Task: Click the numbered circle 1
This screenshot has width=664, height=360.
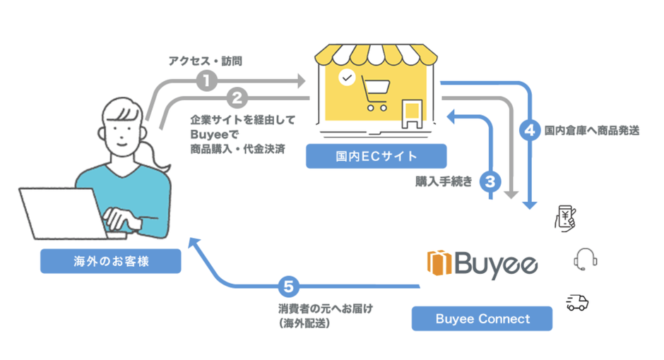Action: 206,81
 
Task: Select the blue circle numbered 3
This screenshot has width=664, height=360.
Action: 490,181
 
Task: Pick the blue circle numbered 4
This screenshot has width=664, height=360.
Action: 528,130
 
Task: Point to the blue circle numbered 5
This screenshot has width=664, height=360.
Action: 286,287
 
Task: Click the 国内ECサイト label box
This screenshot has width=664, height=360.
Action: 377,156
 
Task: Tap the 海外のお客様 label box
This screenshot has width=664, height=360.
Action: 110,261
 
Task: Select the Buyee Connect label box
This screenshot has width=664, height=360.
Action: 482,319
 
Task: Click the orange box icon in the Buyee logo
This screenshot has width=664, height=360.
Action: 439,263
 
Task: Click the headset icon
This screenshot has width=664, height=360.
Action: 585,259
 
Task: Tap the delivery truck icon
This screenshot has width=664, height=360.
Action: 577,303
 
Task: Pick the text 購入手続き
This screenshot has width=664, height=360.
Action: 444,181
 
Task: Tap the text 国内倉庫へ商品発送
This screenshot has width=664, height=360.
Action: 592,130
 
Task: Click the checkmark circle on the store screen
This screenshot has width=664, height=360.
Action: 346,77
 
